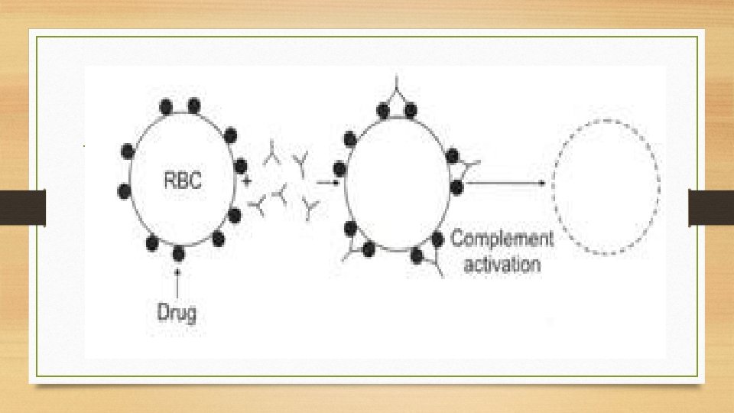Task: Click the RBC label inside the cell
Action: click(187, 181)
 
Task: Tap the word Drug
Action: click(177, 312)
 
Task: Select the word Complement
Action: click(502, 238)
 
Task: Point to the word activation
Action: click(502, 265)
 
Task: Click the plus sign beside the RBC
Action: click(247, 182)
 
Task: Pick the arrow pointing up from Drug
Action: click(178, 283)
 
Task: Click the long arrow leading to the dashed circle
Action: click(505, 183)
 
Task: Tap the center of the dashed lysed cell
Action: click(606, 186)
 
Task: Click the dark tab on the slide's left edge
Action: click(23, 207)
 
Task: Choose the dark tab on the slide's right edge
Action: click(711, 207)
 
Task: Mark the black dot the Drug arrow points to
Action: click(178, 254)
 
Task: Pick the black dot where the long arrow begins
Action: click(457, 186)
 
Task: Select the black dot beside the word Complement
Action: click(437, 239)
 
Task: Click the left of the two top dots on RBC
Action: click(165, 106)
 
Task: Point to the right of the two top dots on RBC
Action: click(194, 105)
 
